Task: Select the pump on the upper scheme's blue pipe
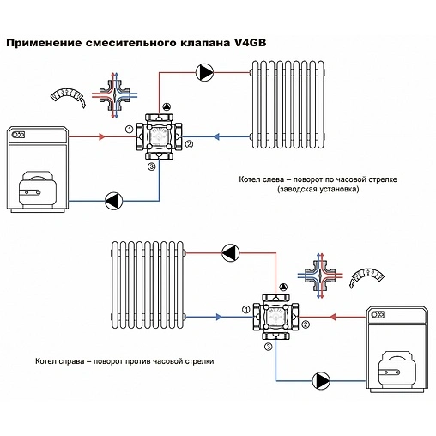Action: pos(113,202)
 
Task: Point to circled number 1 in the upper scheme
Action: pos(129,129)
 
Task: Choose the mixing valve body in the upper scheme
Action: pos(159,136)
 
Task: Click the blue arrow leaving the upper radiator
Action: pos(216,136)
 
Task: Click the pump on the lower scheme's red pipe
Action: pos(231,251)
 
